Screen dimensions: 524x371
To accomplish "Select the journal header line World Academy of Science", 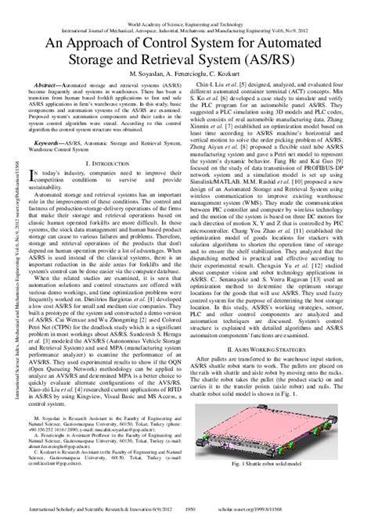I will pyautogui.click(x=185, y=4).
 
